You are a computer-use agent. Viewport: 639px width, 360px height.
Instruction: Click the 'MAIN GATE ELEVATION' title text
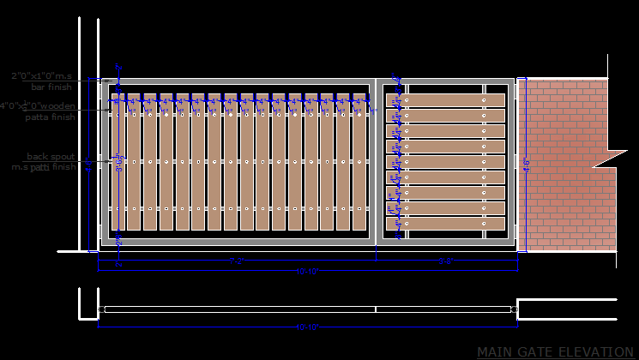555,351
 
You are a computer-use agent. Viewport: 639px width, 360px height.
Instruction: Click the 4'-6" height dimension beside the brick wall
525,165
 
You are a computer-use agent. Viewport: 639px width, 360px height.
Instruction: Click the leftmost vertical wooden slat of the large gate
133,162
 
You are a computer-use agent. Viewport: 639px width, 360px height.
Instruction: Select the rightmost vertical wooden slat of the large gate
358,162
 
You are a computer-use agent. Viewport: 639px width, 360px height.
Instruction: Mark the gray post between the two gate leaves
376,163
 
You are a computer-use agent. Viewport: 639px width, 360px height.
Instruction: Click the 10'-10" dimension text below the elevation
307,271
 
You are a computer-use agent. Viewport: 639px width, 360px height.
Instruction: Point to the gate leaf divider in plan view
376,309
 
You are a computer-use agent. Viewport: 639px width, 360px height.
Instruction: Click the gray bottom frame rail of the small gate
446,243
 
